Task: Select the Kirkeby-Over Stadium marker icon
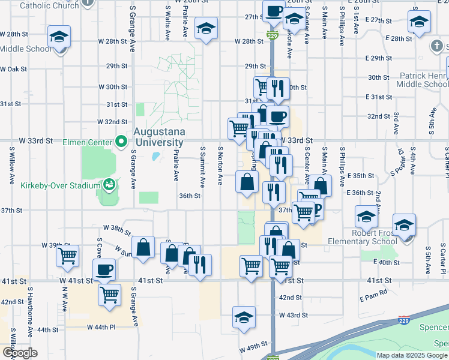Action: (x=109, y=185)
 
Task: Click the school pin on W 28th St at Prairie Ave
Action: (x=206, y=28)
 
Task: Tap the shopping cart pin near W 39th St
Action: (x=67, y=255)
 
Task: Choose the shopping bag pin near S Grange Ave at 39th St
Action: (x=143, y=247)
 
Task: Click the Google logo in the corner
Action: (x=20, y=353)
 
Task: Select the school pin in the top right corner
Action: (x=419, y=22)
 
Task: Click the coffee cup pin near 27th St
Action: (x=274, y=11)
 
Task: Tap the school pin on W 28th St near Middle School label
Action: (x=59, y=37)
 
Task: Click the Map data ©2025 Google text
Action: (x=411, y=355)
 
